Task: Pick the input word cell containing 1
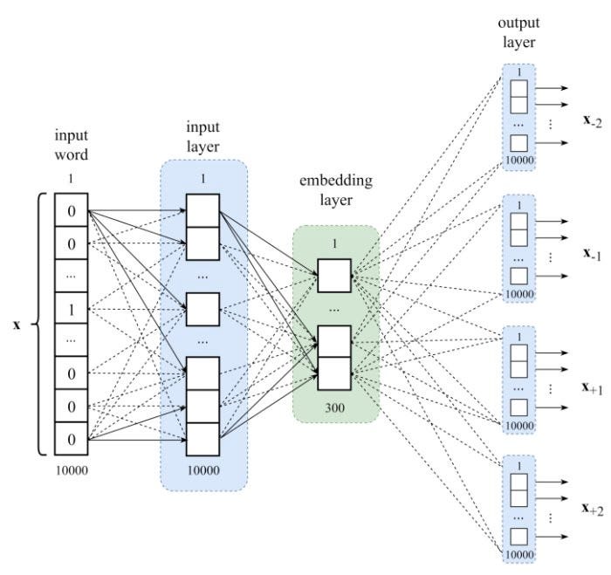(x=72, y=309)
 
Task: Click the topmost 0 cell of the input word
(x=72, y=211)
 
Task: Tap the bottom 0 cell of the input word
(x=72, y=439)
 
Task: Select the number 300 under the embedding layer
(x=334, y=406)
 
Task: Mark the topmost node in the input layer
(x=203, y=211)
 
